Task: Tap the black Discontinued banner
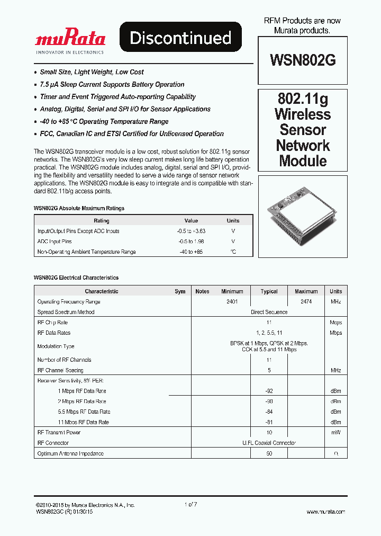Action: click(180, 38)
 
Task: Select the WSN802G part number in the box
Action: click(303, 60)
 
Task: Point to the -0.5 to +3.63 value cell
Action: click(191, 231)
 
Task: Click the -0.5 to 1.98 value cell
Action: click(191, 242)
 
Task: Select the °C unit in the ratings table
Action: click(233, 252)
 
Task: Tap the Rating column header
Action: click(101, 220)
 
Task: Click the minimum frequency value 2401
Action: click(232, 301)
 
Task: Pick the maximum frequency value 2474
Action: click(306, 301)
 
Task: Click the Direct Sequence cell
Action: click(269, 312)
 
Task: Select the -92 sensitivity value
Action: click(269, 391)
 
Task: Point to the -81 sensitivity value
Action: click(269, 422)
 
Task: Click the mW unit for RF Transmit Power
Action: click(335, 433)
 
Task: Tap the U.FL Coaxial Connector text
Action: click(269, 443)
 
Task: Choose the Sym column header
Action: click(180, 291)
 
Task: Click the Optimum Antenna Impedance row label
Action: click(70, 453)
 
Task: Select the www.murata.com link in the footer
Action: click(325, 512)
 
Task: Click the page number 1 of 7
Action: click(190, 505)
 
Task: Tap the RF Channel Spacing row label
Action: click(60, 370)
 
